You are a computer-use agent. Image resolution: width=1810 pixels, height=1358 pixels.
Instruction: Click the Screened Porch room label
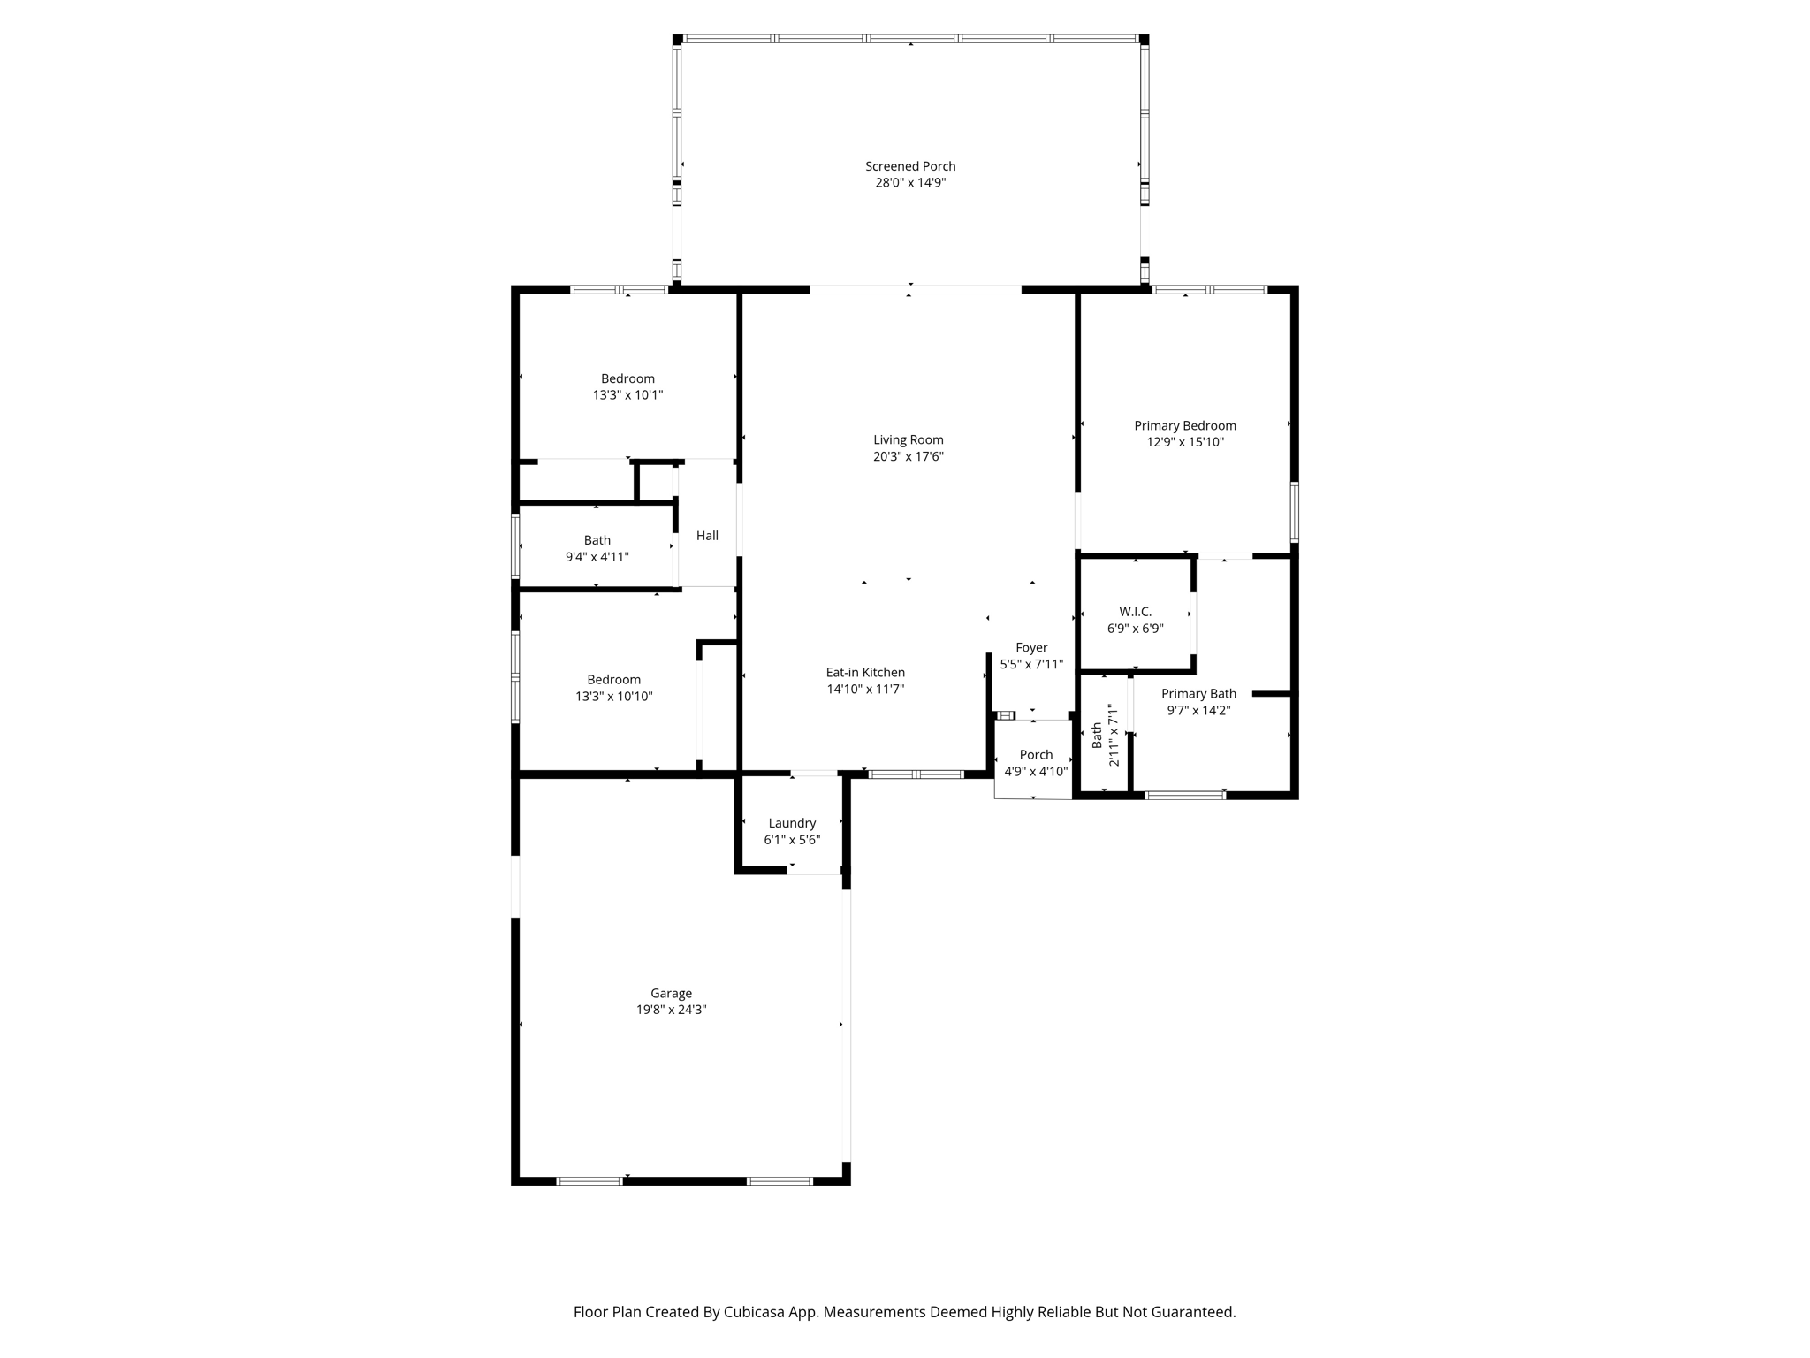910,166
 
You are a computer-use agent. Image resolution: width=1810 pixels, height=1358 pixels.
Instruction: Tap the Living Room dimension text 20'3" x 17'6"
909,456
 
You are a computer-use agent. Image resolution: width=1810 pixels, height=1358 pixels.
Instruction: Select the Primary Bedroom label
1185,426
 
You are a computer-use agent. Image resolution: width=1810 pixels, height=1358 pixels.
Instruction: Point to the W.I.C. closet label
1136,612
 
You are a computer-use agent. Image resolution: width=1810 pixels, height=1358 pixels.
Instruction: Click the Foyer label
1031,647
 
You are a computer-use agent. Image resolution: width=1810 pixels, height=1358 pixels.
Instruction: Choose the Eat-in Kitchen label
865,673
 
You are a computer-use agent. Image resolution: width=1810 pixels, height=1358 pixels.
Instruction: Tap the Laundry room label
792,823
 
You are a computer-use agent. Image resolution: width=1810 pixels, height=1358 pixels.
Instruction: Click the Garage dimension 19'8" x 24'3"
671,1010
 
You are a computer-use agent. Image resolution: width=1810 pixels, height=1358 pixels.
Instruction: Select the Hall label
707,536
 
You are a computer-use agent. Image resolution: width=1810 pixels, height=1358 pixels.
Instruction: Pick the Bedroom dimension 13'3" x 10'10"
614,697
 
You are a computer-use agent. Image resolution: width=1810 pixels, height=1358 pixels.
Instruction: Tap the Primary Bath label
1198,694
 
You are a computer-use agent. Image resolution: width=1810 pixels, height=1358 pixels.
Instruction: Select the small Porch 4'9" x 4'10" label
1036,763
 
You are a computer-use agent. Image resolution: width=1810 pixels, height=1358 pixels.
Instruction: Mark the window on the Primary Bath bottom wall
1185,795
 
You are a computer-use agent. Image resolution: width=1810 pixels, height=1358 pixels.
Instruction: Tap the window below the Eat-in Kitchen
916,774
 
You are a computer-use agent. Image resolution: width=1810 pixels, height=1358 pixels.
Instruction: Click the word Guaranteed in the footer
1193,1312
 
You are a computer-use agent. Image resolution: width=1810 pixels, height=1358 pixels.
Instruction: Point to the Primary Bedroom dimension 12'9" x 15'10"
1185,442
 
